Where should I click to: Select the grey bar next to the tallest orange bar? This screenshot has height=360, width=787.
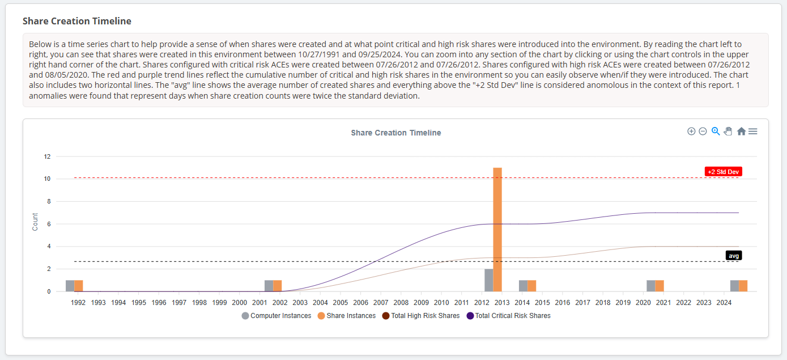488,280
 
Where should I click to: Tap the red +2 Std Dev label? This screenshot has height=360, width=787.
723,172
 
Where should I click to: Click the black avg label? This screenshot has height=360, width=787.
734,256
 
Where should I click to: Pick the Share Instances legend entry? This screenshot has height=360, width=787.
347,316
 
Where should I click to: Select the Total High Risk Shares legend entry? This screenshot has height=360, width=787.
421,316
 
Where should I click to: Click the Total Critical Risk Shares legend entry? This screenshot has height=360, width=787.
508,316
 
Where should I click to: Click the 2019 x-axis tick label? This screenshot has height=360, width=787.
623,303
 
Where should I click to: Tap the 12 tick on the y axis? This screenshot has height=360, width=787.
48,156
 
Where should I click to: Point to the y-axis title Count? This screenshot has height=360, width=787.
35,222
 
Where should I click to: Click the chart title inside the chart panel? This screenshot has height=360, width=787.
395,133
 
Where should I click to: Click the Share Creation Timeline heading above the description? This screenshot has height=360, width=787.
77,21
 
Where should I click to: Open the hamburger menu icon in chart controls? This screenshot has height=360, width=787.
753,132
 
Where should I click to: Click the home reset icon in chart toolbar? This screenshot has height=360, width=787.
741,132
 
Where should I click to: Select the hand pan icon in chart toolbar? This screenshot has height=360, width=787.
728,132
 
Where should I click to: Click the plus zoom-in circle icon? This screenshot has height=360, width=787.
691,132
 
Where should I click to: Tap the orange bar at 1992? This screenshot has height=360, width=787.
79,286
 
